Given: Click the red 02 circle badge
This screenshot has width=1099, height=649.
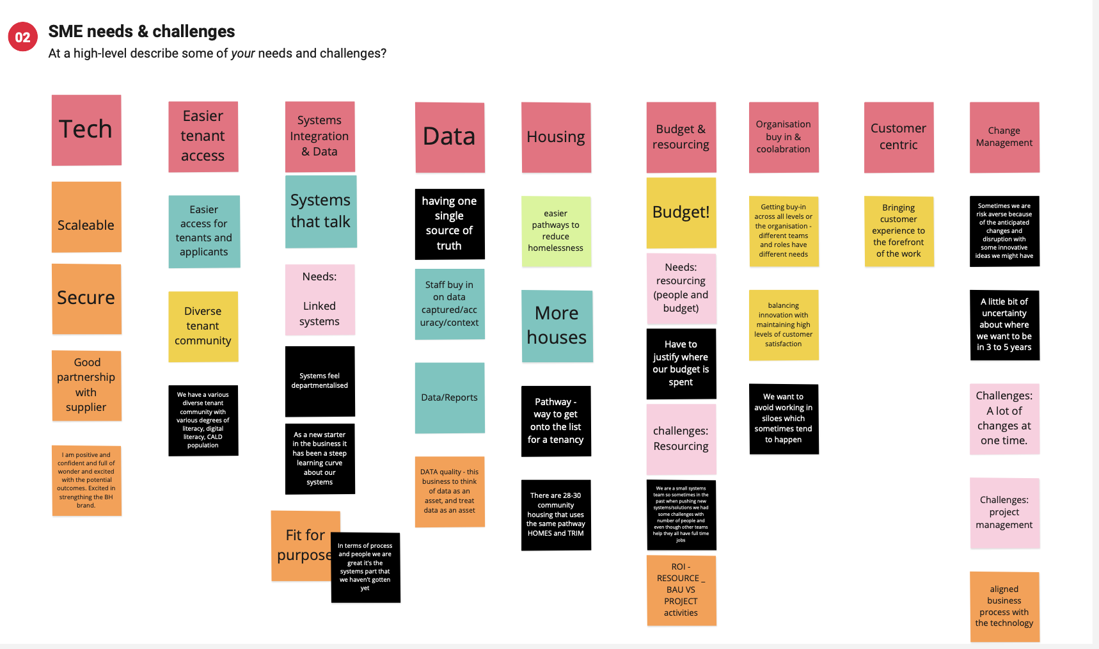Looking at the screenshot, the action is pyautogui.click(x=22, y=37).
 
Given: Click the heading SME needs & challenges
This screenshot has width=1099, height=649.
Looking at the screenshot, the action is pyautogui.click(x=141, y=31).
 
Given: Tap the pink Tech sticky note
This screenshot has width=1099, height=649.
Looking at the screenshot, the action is pyautogui.click(x=86, y=130).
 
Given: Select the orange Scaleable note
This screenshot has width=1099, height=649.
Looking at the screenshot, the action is pyautogui.click(x=86, y=217).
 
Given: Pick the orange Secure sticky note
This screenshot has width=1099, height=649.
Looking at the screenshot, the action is pyautogui.click(x=86, y=298).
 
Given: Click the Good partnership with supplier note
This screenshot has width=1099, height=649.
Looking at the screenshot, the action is pyautogui.click(x=86, y=385).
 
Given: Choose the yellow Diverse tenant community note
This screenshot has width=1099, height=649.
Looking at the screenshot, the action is pyautogui.click(x=203, y=326).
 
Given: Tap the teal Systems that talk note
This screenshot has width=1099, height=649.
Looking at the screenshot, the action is pyautogui.click(x=320, y=211).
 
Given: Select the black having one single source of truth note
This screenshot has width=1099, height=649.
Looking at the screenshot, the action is pyautogui.click(x=449, y=223).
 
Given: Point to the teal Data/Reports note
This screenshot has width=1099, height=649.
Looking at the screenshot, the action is pyautogui.click(x=449, y=397).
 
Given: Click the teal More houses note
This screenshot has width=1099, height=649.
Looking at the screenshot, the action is pyautogui.click(x=557, y=326).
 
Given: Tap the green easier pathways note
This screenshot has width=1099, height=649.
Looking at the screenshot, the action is pyautogui.click(x=555, y=231).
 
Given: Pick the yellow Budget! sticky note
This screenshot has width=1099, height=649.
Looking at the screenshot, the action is pyautogui.click(x=681, y=212).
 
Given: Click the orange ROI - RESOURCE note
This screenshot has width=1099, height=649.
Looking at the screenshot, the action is pyautogui.click(x=681, y=589).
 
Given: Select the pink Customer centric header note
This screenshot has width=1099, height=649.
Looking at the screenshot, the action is pyautogui.click(x=898, y=137).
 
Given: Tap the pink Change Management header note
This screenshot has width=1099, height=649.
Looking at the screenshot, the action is pyautogui.click(x=1004, y=137).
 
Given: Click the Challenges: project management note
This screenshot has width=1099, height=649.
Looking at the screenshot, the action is pyautogui.click(x=1004, y=513).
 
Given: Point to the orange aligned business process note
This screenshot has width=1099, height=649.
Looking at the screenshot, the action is pyautogui.click(x=1004, y=606).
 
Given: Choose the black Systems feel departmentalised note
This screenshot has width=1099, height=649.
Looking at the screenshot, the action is pyautogui.click(x=319, y=381).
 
